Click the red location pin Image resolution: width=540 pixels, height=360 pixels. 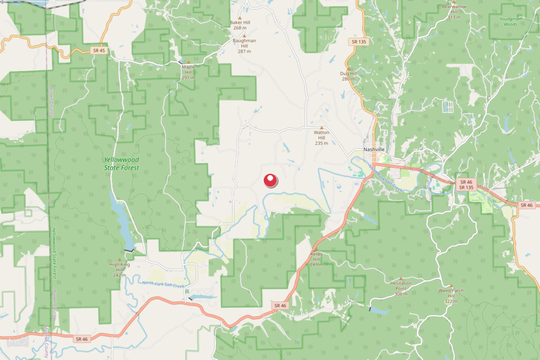pos(271,181)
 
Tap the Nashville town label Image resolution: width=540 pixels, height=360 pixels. pos(374,150)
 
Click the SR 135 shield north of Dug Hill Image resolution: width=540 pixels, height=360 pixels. pos(358,41)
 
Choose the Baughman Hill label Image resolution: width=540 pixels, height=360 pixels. pos(244,45)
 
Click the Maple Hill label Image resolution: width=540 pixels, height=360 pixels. pos(188,72)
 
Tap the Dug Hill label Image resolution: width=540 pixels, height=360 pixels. pos(349,76)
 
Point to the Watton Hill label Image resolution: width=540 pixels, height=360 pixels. pos(322,138)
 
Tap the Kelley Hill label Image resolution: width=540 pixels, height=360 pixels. pos(316,259)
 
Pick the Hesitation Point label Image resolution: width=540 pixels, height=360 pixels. pos(401,288)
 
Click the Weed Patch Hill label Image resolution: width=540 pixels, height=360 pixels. pos(451,296)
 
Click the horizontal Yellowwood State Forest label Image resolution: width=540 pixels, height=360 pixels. pos(122,163)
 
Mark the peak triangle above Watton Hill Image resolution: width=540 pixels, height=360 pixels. pos(322,128)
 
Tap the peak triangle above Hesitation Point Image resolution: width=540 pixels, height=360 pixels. pos(401,278)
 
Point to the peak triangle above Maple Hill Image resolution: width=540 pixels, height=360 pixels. pos(188,62)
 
